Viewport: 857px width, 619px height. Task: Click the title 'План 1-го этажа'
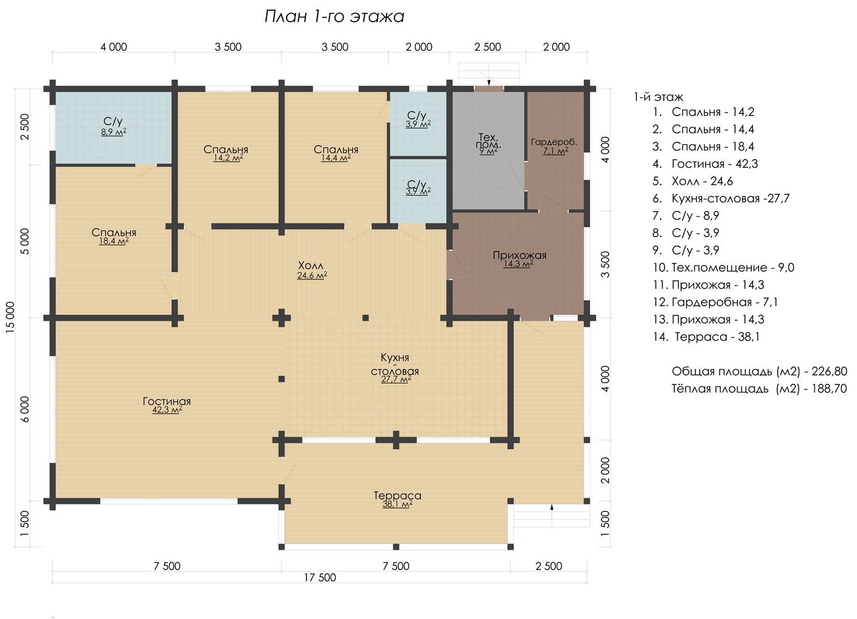click(334, 17)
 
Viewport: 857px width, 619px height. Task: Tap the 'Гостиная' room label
click(167, 401)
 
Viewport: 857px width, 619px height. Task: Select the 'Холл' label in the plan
click(311, 266)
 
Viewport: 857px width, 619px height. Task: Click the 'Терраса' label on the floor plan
click(398, 496)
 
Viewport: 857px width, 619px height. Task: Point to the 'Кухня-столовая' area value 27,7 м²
click(396, 379)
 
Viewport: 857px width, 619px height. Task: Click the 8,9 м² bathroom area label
click(114, 132)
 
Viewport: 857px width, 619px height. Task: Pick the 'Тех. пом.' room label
click(489, 141)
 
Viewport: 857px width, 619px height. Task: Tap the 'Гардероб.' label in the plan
click(554, 142)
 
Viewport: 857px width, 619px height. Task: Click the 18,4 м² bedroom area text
click(114, 241)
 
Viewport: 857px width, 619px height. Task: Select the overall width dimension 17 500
click(320, 578)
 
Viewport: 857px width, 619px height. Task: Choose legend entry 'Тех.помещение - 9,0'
click(723, 267)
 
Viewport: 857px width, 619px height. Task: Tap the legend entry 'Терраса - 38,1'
click(707, 337)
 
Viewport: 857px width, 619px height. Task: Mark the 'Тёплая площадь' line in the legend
click(759, 389)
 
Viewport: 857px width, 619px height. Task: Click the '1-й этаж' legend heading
click(659, 97)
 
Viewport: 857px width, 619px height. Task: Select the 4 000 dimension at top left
click(114, 47)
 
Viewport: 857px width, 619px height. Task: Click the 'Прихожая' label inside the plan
click(519, 255)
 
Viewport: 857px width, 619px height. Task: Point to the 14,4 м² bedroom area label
click(336, 158)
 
